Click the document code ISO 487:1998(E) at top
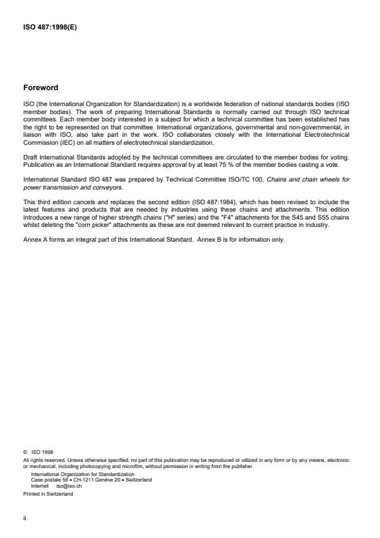(50, 26)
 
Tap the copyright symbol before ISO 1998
(25, 453)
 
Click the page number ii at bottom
(24, 517)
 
